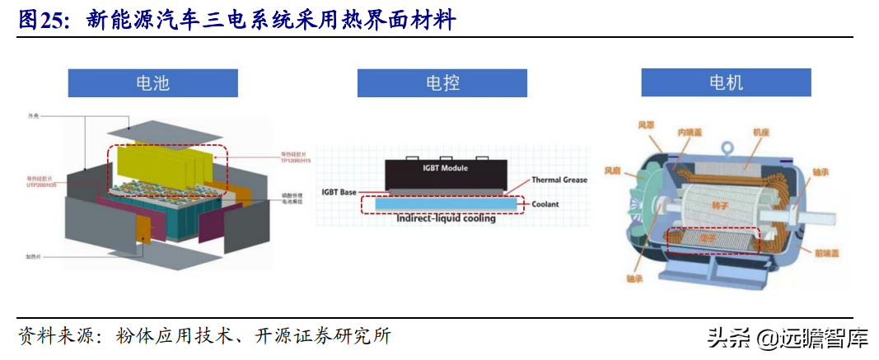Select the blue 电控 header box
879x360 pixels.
pyautogui.click(x=442, y=83)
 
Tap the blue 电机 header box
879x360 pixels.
pyautogui.click(x=726, y=83)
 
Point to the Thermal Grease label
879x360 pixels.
pyautogui.click(x=559, y=180)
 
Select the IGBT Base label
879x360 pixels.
pyautogui.click(x=339, y=192)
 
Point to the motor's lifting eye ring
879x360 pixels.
pyautogui.click(x=727, y=148)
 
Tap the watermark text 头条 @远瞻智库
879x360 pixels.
pyautogui.click(x=787, y=337)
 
